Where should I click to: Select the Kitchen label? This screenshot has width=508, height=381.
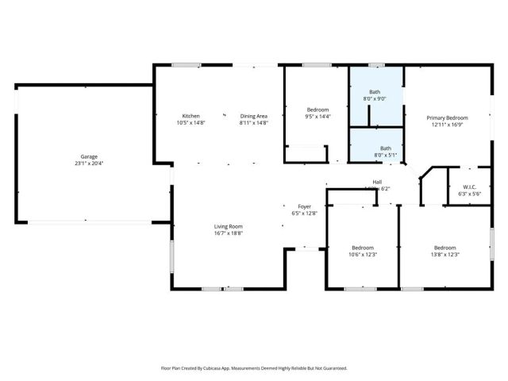[190, 116]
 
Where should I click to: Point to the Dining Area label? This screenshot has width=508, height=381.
[254, 116]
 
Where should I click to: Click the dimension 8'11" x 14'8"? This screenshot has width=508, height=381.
[254, 123]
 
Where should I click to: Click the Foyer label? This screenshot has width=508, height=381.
[304, 206]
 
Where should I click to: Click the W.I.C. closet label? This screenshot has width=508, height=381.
[470, 187]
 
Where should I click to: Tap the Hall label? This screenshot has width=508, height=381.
[377, 182]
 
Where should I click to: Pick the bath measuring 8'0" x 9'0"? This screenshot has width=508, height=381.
[375, 95]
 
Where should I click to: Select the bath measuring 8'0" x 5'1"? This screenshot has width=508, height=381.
[386, 151]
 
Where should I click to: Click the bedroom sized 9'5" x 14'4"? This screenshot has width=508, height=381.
[317, 113]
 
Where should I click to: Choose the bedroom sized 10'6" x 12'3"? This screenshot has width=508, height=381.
[363, 251]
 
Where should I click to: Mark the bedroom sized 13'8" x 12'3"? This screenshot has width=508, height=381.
[444, 251]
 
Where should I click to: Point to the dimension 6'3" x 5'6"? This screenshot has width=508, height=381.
[470, 194]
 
